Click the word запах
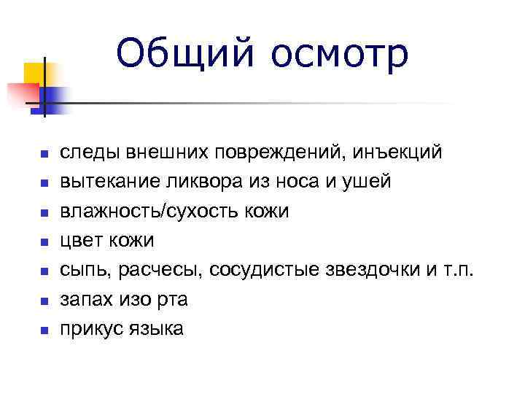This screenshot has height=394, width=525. coord(84,299)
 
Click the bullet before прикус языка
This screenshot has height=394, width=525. coord(44,330)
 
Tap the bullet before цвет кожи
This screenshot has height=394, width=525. coord(44,242)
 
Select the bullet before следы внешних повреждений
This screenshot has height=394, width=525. coord(44,155)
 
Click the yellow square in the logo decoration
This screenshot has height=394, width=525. coord(33,73)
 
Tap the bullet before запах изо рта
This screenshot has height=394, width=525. coord(44,301)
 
